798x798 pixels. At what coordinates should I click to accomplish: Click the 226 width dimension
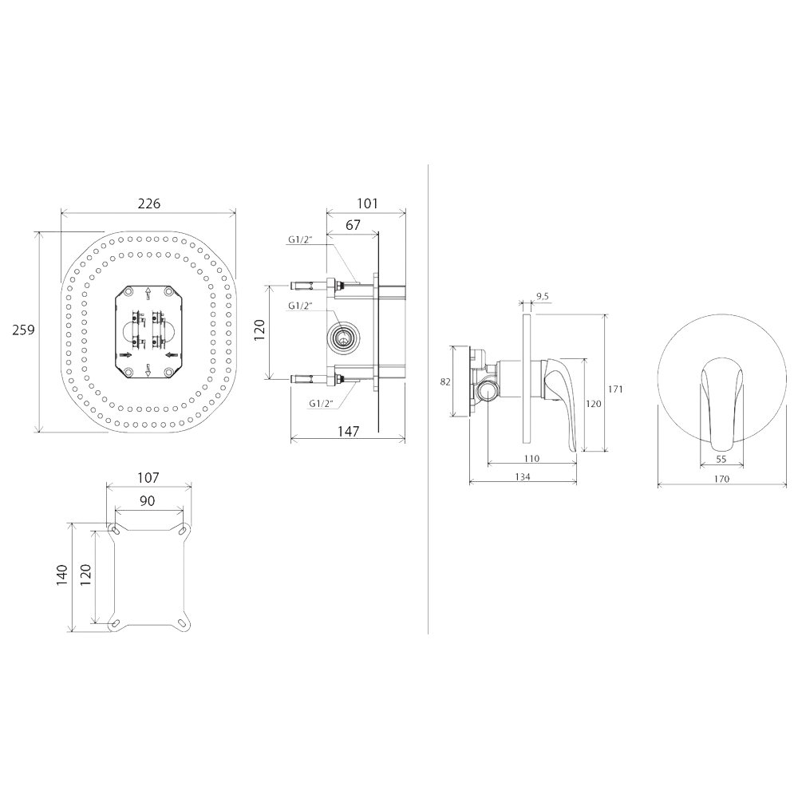(x=148, y=203)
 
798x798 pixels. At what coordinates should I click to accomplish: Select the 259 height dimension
(x=23, y=330)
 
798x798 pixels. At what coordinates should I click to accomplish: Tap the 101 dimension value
(x=367, y=203)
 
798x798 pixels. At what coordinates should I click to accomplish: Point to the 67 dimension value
(x=353, y=225)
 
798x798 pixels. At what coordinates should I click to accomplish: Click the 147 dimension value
(x=348, y=432)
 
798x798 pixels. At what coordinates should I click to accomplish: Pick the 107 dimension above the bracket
(x=148, y=478)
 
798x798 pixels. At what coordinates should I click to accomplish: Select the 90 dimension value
(x=147, y=501)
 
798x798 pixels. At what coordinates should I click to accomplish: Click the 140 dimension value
(x=62, y=575)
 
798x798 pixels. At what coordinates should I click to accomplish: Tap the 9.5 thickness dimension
(x=543, y=297)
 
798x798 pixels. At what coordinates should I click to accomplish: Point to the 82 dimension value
(x=445, y=381)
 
